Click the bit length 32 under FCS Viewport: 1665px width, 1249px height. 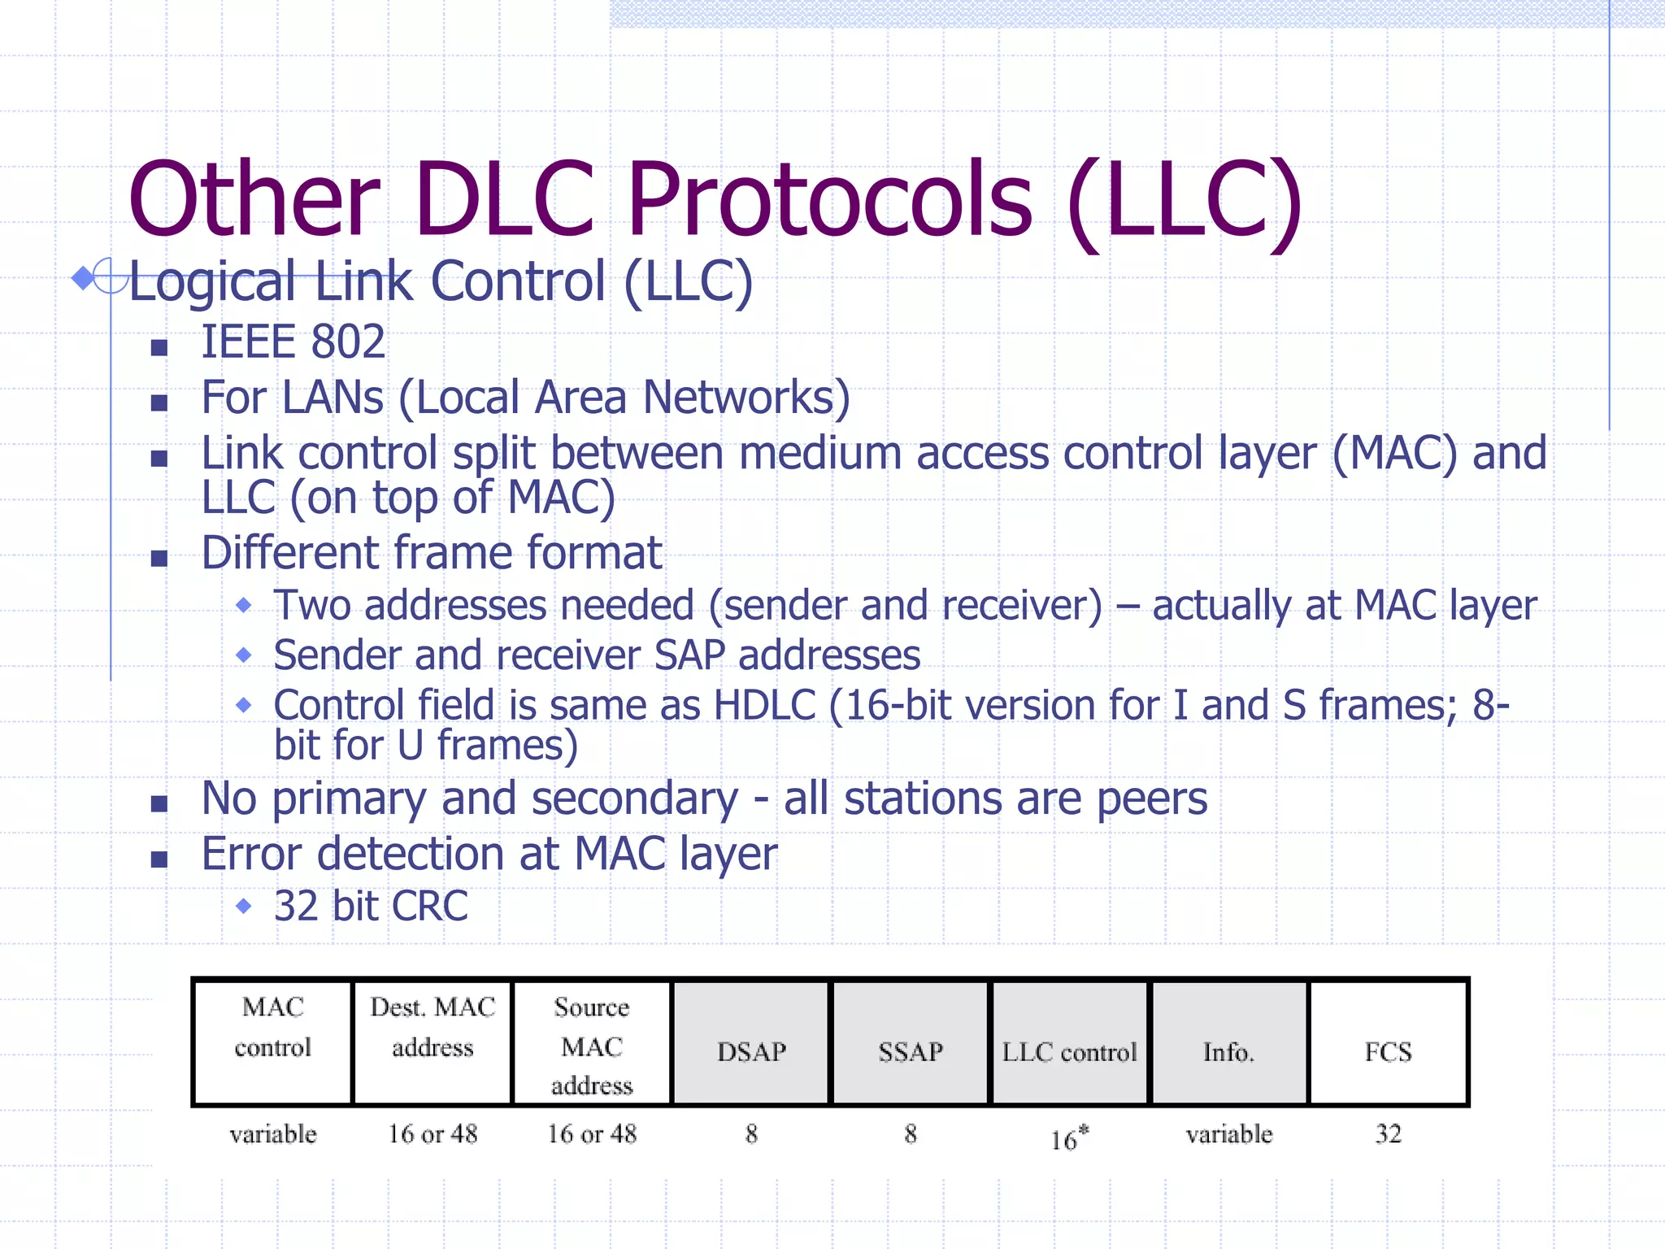pos(1389,1134)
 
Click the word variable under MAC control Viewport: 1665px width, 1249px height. pos(273,1134)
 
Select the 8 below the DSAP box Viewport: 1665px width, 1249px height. pos(751,1134)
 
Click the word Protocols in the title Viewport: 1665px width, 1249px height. pos(829,199)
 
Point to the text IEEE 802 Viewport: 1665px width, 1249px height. pos(293,342)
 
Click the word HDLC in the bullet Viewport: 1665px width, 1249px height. pos(764,705)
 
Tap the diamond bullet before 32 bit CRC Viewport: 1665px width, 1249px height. pos(243,905)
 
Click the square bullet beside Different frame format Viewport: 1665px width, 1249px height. pos(159,558)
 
